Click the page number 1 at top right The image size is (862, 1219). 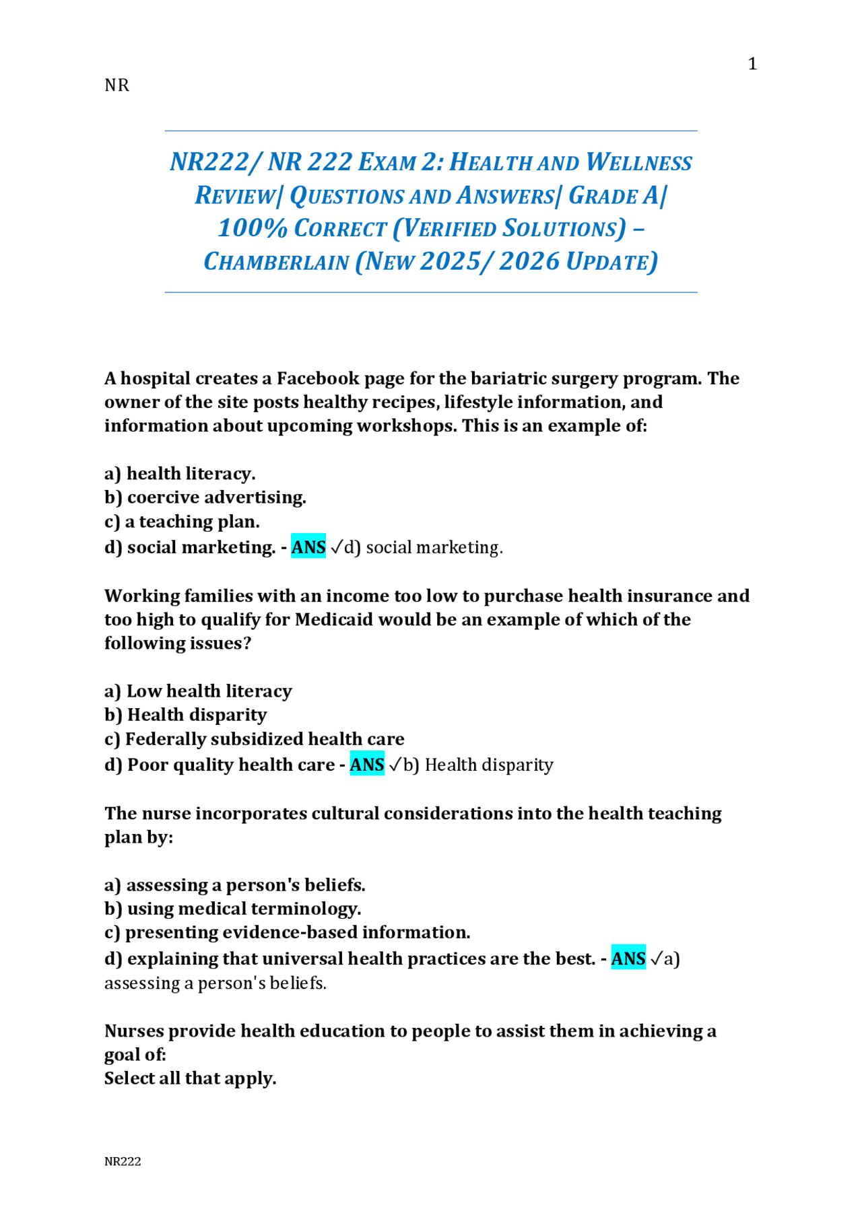pos(752,64)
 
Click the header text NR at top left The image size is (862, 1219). pos(117,85)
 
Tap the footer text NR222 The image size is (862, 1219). pos(123,1161)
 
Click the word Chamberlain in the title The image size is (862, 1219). pos(276,262)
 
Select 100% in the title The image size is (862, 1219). pos(253,229)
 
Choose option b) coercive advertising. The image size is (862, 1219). pos(205,497)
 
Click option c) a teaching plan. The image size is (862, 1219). pos(182,522)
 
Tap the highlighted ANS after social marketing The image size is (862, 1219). pos(308,547)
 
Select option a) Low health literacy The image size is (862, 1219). pos(198,691)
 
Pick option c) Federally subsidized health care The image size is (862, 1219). pos(255,739)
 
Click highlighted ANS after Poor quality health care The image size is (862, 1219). pos(367,765)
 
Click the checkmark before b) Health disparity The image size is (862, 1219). pos(395,765)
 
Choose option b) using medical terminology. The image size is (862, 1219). pos(233,909)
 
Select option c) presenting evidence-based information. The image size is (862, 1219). pos(287,932)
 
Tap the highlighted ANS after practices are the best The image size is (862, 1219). pos(628,959)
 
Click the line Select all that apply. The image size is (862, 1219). pos(190,1078)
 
